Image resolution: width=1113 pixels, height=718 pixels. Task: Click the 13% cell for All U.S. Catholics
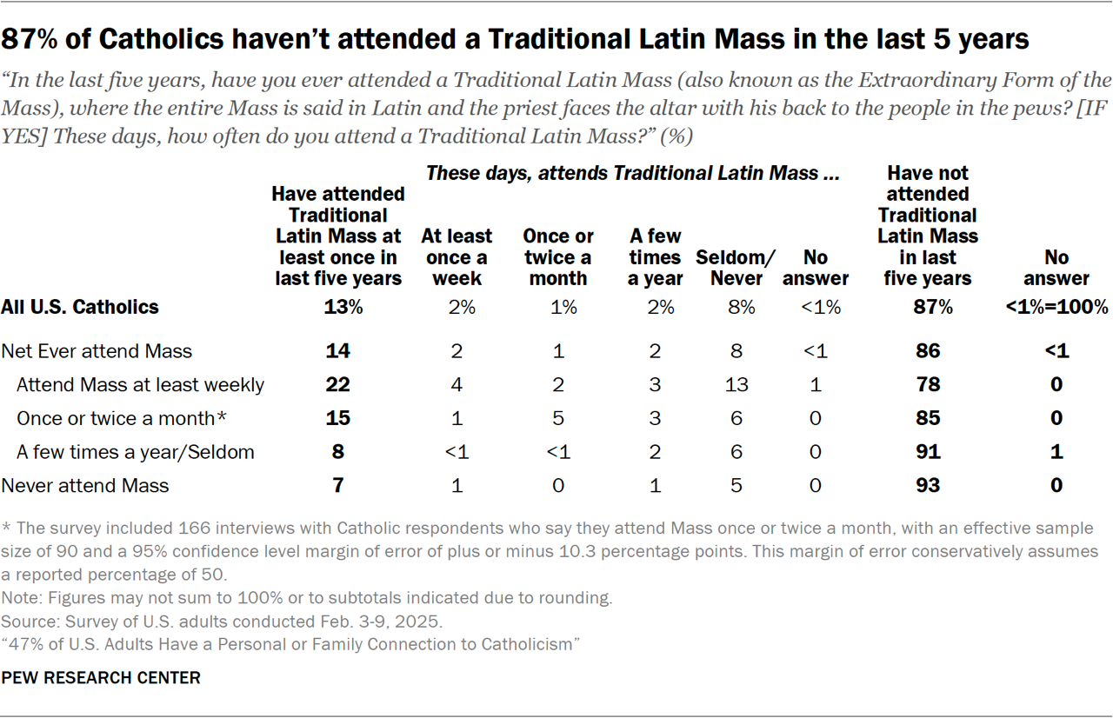[x=338, y=307]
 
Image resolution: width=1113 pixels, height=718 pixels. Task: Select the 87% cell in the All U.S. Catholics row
[x=928, y=307]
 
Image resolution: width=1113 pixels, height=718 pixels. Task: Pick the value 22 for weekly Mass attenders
[x=338, y=385]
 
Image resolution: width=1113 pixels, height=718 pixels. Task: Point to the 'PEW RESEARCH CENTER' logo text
[x=101, y=677]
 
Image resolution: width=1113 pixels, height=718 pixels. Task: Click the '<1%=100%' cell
[x=1056, y=307]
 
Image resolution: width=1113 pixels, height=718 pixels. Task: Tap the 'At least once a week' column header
[x=457, y=257]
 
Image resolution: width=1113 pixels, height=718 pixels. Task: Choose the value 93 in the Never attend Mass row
[x=928, y=485]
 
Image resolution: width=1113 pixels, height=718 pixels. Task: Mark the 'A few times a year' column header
[x=656, y=257]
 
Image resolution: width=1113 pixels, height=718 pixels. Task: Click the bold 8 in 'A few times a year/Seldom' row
[x=338, y=452]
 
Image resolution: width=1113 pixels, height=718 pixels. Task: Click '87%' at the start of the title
[x=35, y=40]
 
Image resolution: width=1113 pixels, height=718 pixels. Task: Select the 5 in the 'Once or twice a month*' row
[x=557, y=418]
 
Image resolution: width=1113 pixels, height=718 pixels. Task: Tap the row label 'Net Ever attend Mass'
[x=97, y=351]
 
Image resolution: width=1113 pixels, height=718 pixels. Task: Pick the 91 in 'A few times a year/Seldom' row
[x=928, y=452]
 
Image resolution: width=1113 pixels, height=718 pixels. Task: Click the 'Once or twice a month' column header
[x=557, y=257]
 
